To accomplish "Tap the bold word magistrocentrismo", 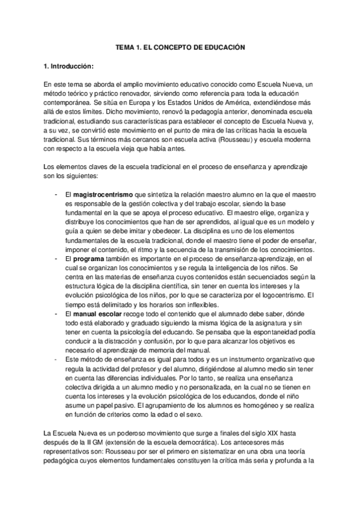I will coord(104,195).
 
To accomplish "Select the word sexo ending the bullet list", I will coord(197,414).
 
